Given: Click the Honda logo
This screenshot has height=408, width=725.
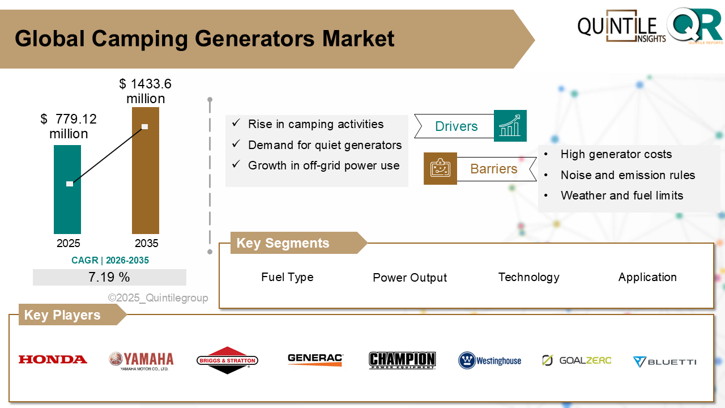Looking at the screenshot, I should pos(53,359).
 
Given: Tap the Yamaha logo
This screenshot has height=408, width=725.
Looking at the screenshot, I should pos(141,360).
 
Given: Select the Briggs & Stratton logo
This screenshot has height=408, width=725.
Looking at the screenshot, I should pos(227,360).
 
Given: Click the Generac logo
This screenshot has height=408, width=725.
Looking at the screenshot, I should pos(315,359).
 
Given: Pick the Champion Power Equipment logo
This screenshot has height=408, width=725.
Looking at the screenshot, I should pos(402,360).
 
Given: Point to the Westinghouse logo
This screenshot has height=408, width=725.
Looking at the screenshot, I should pos(490,360).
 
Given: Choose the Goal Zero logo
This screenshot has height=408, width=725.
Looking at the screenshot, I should pos(577,360).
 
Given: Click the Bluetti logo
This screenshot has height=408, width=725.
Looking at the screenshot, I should pos(664,362).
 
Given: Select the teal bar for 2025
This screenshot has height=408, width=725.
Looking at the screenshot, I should pos(67,190).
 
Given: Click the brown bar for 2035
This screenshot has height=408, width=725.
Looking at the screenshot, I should pos(146,170).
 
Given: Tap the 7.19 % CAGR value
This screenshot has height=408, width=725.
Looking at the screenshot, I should pos(109,277).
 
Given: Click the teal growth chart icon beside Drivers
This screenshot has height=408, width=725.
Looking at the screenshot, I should pos(510,126).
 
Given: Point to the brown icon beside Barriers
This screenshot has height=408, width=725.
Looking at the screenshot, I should pos(440,168).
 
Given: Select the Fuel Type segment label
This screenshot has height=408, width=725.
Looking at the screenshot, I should pos(287,277).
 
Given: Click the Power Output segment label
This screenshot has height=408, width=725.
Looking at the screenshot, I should pos(410,278).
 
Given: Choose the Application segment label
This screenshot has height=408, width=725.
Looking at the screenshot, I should pos(647,277).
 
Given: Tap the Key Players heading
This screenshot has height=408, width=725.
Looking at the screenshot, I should pos(62,315).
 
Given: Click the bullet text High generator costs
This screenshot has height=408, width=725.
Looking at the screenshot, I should pos(616,154).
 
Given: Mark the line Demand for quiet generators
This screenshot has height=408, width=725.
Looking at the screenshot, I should pos(325,145).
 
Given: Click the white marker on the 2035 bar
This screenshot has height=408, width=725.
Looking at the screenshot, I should pos(145,126).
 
